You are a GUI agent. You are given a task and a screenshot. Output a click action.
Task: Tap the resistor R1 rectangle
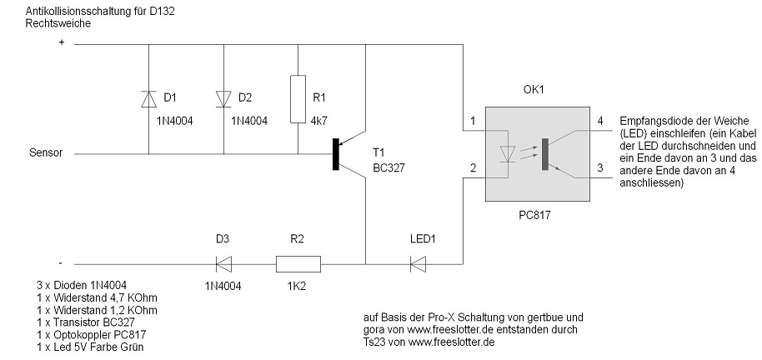click(298, 99)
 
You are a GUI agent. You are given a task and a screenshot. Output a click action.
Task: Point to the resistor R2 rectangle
click(298, 264)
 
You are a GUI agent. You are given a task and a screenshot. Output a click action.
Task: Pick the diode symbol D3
click(223, 264)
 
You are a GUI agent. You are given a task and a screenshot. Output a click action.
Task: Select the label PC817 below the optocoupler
click(534, 214)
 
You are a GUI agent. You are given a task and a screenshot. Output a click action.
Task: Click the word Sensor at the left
click(45, 154)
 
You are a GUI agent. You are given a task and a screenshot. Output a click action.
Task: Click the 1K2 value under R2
click(298, 287)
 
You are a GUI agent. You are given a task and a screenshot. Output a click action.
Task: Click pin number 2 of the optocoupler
click(473, 167)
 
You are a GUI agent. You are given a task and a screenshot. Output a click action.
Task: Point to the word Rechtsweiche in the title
click(58, 23)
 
